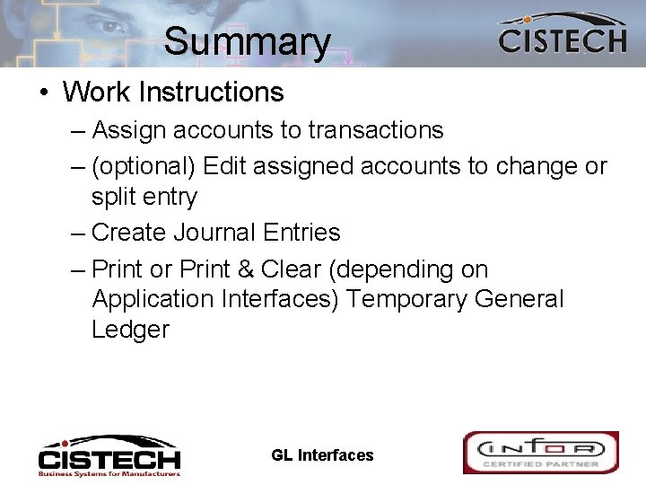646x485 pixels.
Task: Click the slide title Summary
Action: click(247, 41)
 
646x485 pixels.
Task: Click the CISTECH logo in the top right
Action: click(562, 35)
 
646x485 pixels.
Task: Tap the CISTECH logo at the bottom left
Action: click(109, 455)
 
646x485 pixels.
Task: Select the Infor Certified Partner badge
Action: click(540, 453)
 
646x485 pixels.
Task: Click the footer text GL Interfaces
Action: click(322, 455)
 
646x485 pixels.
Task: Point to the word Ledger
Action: click(130, 330)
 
